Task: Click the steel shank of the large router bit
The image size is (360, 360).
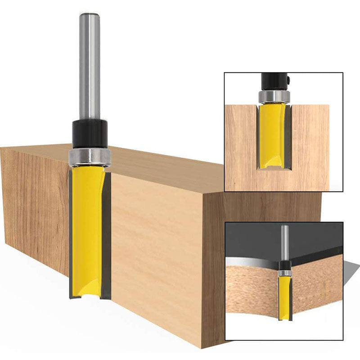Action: tap(89, 67)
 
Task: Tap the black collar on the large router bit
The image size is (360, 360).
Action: tap(90, 133)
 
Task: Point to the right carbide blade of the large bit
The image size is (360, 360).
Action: tap(107, 234)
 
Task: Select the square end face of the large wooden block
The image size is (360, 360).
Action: tap(261, 270)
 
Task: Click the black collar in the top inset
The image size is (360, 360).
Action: tap(274, 81)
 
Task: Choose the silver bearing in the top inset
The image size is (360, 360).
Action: tap(274, 96)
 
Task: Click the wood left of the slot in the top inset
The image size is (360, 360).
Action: tap(241, 148)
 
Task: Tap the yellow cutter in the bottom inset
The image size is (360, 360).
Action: tap(284, 297)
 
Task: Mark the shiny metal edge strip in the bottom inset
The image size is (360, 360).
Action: tap(252, 261)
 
